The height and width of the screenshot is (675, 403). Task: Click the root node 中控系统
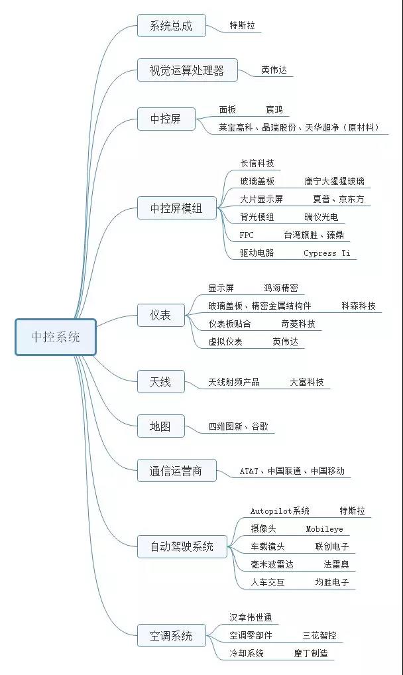(x=56, y=337)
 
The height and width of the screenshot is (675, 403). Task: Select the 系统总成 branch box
(x=172, y=26)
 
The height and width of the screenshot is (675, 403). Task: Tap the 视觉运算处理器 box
(x=188, y=70)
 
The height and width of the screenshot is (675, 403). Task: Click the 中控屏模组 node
(x=176, y=208)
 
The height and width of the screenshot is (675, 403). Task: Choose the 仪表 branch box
(x=160, y=315)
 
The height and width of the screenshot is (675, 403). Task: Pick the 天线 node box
(x=160, y=382)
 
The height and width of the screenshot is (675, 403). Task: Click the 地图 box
(x=160, y=426)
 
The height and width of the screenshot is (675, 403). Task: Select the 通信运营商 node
(x=176, y=471)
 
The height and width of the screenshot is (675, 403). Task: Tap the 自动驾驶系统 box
(x=182, y=547)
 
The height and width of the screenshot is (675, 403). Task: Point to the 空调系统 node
(x=172, y=635)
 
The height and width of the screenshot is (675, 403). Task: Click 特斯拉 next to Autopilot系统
(x=352, y=511)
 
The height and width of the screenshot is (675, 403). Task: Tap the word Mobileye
(x=324, y=529)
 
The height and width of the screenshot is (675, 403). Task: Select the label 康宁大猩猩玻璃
(x=335, y=181)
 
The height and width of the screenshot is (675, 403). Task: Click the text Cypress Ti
(x=327, y=253)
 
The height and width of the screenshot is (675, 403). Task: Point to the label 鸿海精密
(x=281, y=288)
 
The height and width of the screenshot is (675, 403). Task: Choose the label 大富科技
(x=306, y=382)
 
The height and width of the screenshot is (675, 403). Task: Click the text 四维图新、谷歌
(x=239, y=426)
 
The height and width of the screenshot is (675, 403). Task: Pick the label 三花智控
(x=319, y=635)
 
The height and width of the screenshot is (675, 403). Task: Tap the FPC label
(x=247, y=235)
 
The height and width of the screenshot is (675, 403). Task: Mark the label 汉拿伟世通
(x=251, y=618)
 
